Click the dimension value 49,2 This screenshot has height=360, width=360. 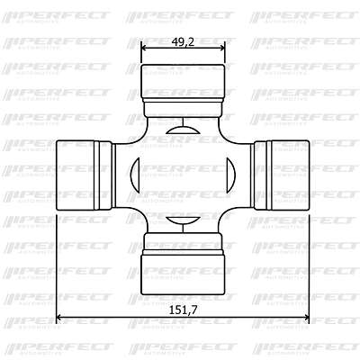coord(183,42)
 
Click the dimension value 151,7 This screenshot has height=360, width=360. coord(183,310)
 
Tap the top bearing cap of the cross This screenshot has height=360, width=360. coord(183,81)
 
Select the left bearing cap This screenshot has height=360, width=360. coord(76,175)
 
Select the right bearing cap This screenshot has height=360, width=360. coord(290,175)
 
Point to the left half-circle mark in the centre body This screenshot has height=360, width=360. coord(135,175)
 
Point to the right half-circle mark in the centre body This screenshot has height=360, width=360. coord(231,175)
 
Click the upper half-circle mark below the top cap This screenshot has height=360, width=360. coord(183,130)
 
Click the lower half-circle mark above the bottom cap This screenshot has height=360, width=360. coord(183,220)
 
